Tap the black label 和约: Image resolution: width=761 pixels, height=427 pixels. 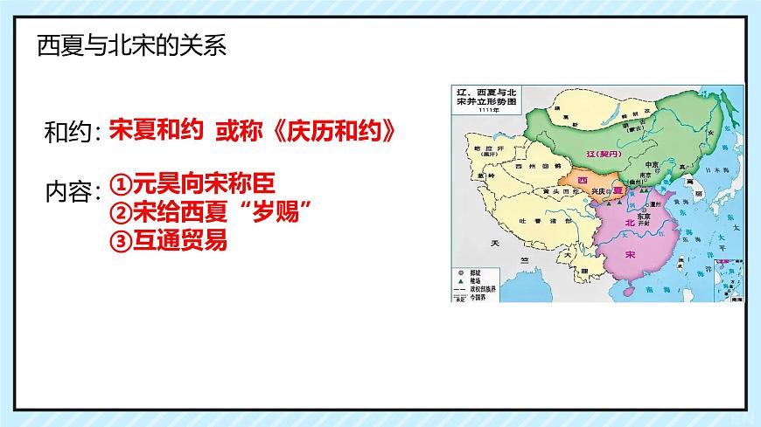tap(74, 134)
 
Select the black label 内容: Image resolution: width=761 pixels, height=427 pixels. tap(74, 193)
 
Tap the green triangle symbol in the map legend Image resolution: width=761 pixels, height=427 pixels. tap(458, 279)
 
